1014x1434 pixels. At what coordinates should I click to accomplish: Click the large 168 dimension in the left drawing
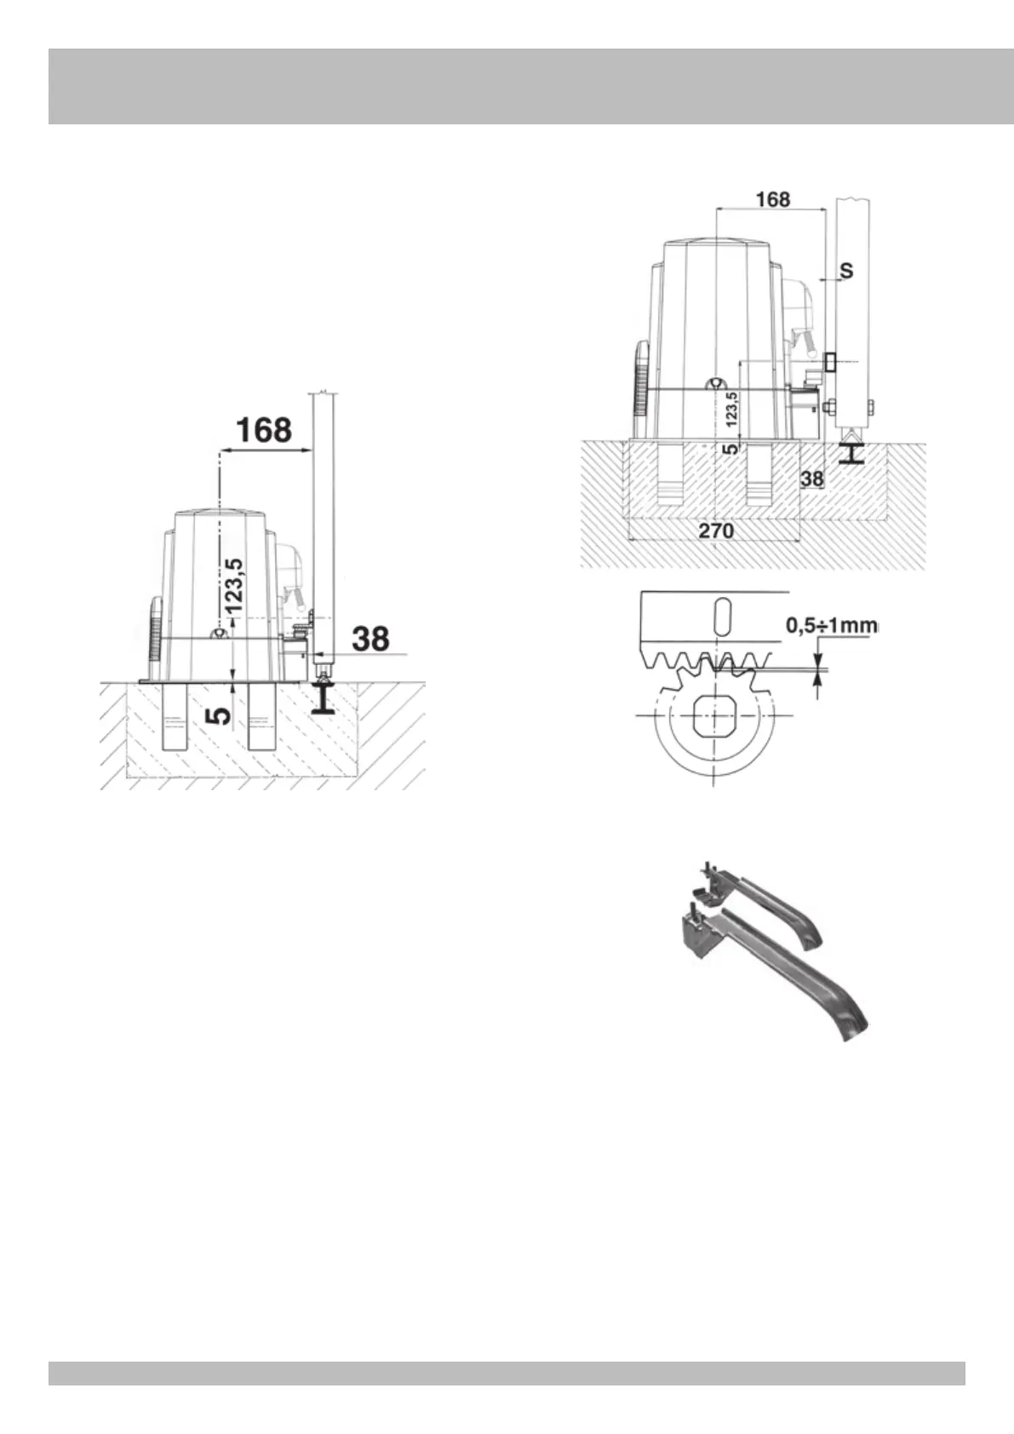[x=264, y=429]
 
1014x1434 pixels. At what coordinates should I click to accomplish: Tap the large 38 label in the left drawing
[x=371, y=639]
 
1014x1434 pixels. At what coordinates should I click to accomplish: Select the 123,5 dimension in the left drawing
[x=234, y=584]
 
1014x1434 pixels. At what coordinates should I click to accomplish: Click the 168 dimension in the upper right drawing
[x=773, y=200]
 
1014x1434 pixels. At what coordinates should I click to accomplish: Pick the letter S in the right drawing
[x=846, y=271]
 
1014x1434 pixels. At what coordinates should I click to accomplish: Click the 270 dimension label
[x=716, y=531]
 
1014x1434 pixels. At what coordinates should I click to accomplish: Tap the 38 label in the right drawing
[x=812, y=479]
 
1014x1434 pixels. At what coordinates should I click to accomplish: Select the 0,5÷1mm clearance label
[x=832, y=625]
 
